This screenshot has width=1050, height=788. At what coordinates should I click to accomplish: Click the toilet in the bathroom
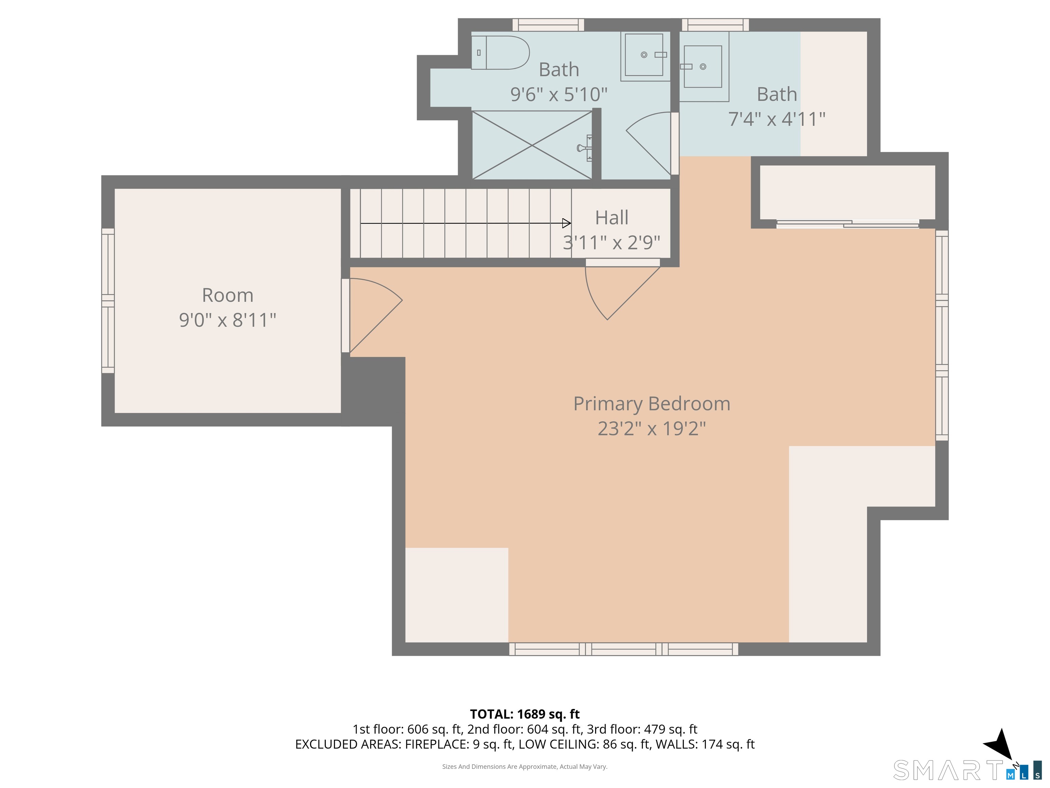tap(500, 53)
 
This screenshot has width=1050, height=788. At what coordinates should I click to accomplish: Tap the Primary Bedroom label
tap(652, 404)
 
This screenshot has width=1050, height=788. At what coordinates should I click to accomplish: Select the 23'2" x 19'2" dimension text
tap(652, 429)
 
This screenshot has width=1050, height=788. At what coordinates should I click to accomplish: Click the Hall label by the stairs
tap(612, 218)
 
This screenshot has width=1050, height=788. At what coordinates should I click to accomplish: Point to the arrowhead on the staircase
tap(566, 223)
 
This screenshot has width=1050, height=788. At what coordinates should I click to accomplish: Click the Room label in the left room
tap(228, 295)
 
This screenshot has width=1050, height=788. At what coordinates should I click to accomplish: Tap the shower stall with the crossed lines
tap(532, 145)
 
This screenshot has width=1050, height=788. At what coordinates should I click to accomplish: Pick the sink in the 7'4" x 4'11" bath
tap(703, 66)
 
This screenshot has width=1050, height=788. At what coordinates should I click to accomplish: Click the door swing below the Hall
tap(617, 292)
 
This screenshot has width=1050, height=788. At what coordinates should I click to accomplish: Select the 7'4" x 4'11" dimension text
tap(777, 119)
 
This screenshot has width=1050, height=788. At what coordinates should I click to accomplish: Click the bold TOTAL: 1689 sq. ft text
tap(525, 714)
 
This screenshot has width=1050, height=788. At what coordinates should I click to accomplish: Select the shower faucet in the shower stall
tap(585, 148)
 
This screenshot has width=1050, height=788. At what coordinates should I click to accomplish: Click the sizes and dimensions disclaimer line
tap(525, 767)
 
